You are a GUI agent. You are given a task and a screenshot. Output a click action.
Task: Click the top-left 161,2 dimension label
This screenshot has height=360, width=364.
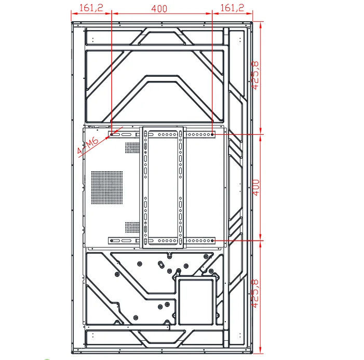pyautogui.click(x=91, y=8)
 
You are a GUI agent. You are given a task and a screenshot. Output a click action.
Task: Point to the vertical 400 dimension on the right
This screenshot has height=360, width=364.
pyautogui.click(x=256, y=187)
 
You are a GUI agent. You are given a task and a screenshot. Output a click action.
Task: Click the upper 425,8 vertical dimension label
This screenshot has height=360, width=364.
pyautogui.click(x=256, y=75)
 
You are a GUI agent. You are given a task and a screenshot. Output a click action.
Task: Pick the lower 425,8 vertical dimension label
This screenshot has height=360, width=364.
pyautogui.click(x=256, y=294)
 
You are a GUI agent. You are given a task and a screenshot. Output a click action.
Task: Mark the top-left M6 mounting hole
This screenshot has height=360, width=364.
pyautogui.click(x=111, y=134)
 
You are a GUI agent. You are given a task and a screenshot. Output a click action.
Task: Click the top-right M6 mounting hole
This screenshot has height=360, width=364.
pyautogui.click(x=213, y=134)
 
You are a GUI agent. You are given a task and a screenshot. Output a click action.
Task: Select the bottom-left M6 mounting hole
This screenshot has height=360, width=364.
pyautogui.click(x=111, y=240)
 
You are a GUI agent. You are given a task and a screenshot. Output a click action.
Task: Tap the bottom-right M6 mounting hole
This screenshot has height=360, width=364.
pyautogui.click(x=213, y=240)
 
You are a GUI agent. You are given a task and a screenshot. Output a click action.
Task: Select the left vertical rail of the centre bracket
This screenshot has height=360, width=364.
pyautogui.click(x=145, y=187)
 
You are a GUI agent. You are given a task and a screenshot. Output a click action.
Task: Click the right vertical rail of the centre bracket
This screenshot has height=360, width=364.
pyautogui.click(x=181, y=187)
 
